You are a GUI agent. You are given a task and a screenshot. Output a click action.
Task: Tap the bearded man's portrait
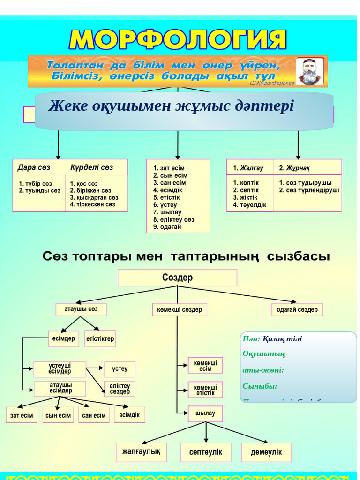(x=310, y=71)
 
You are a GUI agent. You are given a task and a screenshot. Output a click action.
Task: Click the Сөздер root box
(x=177, y=277)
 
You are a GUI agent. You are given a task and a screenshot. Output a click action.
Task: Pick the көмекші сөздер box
(x=180, y=309)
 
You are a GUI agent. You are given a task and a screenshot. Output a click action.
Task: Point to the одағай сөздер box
(x=297, y=309)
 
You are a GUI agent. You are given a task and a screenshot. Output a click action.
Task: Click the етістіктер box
(x=100, y=338)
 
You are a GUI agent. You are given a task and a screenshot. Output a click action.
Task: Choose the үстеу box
(x=120, y=369)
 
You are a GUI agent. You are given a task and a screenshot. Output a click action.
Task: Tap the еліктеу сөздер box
(x=120, y=388)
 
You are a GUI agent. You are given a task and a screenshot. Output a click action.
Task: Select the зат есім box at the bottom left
(x=22, y=415)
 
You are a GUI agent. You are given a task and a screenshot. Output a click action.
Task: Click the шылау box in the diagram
(x=205, y=413)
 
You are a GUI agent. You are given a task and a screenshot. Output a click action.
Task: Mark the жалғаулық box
(x=141, y=452)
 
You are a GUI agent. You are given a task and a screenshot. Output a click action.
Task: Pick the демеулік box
(x=266, y=452)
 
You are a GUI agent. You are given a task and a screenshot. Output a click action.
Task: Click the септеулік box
(x=206, y=452)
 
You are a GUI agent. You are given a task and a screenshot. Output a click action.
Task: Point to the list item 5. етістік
(x=167, y=197)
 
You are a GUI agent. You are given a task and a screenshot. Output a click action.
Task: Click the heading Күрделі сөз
(x=92, y=167)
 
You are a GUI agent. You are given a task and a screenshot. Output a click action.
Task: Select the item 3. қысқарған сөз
(x=94, y=197)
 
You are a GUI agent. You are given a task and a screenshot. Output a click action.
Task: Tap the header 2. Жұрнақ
(x=295, y=167)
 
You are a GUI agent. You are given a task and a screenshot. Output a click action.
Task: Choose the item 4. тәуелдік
(x=250, y=204)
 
